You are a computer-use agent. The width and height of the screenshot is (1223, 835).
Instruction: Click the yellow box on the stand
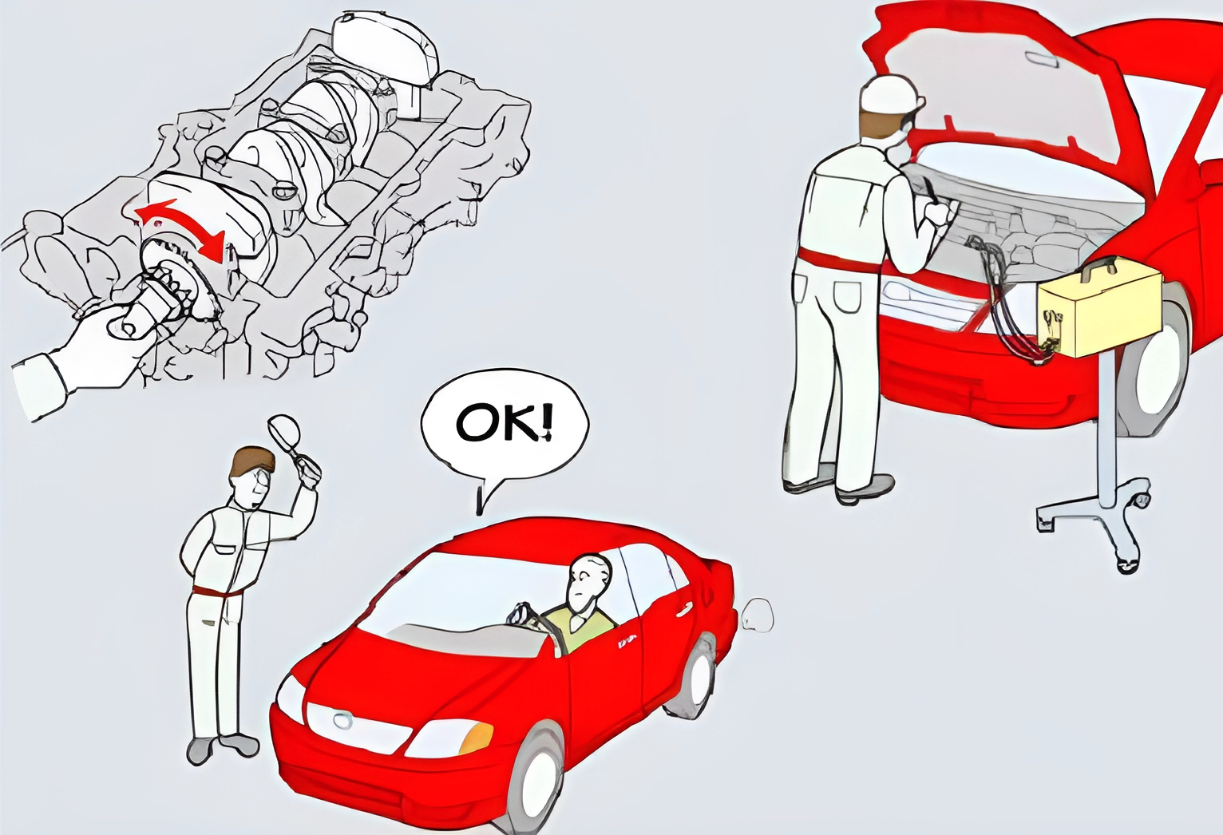coord(1101,311)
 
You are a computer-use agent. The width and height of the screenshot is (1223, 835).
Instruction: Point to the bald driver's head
coord(588,582)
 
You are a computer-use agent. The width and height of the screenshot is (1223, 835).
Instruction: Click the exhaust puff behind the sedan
coord(757,615)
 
